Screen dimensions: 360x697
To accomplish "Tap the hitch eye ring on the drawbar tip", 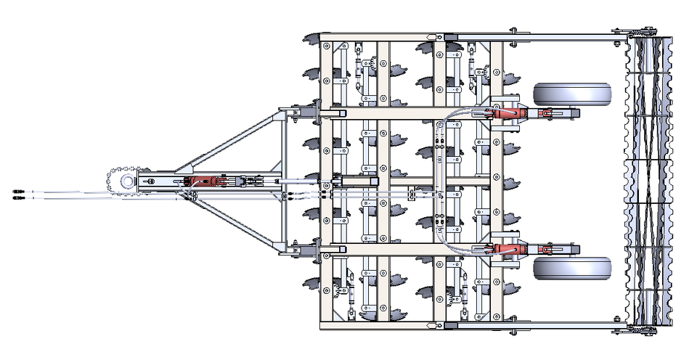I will click(127, 181).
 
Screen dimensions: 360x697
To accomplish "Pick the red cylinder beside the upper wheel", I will click(508, 114).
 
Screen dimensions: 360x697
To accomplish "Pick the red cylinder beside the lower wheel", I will click(508, 250).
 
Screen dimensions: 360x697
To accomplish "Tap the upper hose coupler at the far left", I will click(19, 192).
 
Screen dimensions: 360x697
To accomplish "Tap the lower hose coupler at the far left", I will click(19, 197).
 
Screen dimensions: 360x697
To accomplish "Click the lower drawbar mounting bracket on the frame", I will click(298, 249).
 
